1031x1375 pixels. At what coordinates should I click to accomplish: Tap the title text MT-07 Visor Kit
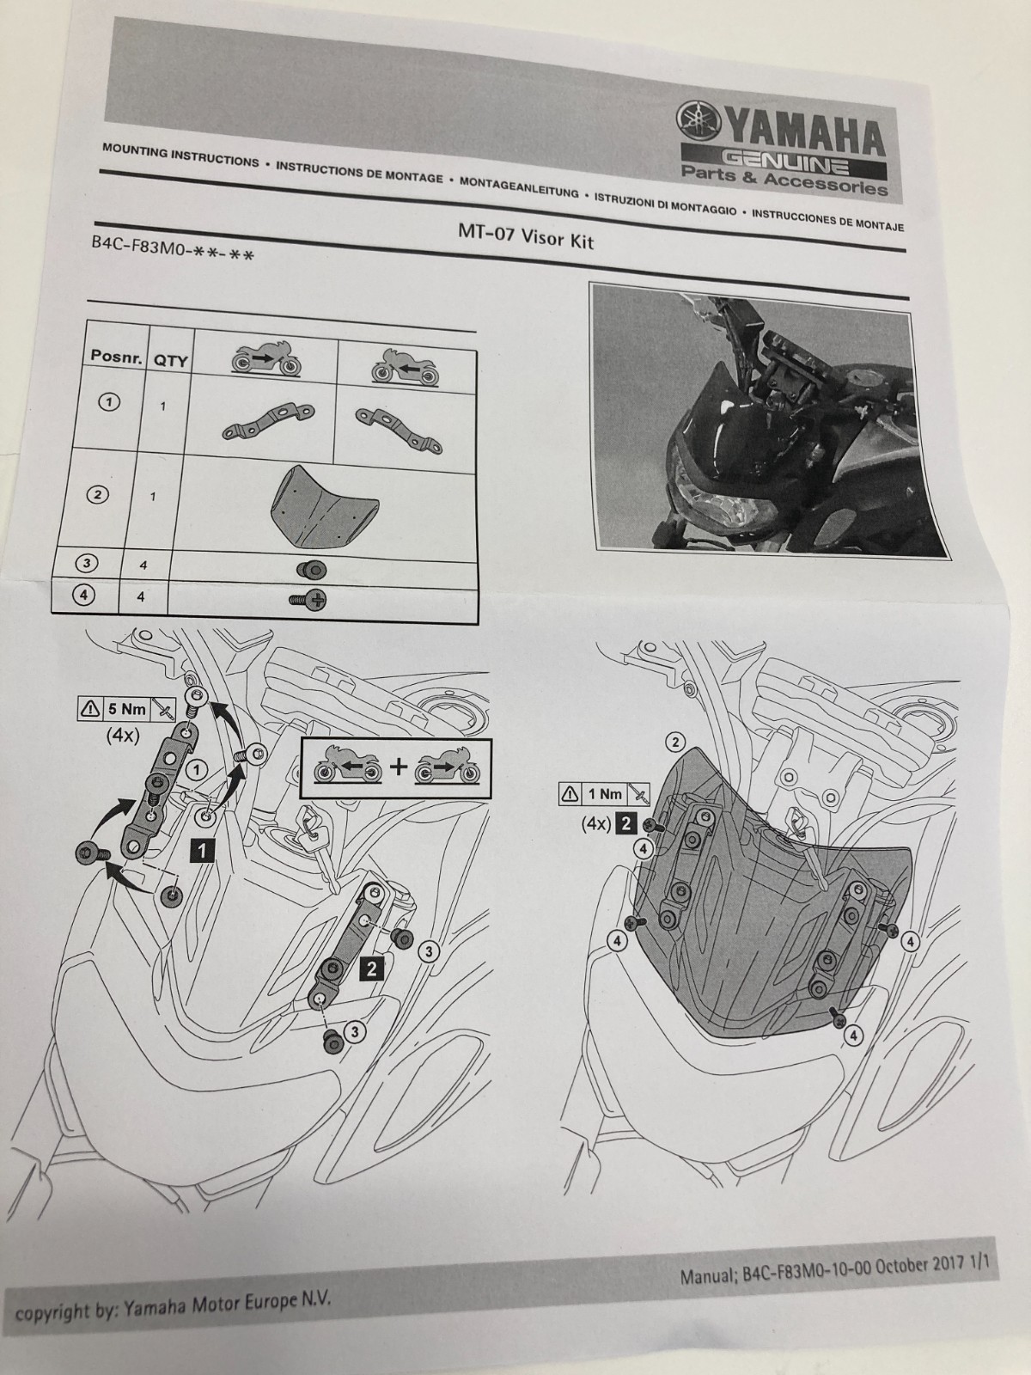tap(525, 236)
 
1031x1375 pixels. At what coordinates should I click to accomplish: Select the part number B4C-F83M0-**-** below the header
tap(172, 248)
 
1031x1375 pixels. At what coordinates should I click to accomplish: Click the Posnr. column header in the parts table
tap(117, 357)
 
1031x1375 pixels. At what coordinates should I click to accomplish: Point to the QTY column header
tap(170, 361)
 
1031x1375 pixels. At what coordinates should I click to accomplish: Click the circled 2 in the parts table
tap(97, 495)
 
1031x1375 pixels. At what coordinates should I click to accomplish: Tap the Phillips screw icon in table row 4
tap(308, 601)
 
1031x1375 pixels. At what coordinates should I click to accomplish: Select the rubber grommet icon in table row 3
tap(311, 570)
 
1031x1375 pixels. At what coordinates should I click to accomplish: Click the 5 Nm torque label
tap(127, 709)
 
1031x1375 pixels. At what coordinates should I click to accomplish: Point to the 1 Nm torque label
tap(605, 794)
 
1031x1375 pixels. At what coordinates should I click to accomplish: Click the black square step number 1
tap(202, 850)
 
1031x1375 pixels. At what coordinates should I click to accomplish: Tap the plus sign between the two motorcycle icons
tap(398, 766)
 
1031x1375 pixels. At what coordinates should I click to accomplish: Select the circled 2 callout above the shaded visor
tap(674, 742)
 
